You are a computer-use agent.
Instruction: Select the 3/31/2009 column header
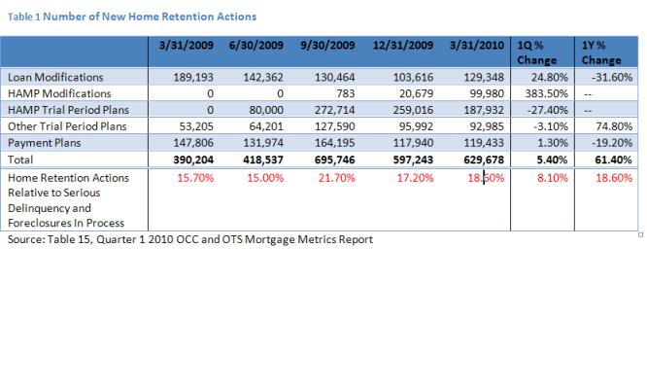[187, 47]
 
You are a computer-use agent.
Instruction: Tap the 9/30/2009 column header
[326, 47]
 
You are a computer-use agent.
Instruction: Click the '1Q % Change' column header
[530, 53]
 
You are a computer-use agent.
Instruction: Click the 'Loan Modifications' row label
[48, 76]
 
